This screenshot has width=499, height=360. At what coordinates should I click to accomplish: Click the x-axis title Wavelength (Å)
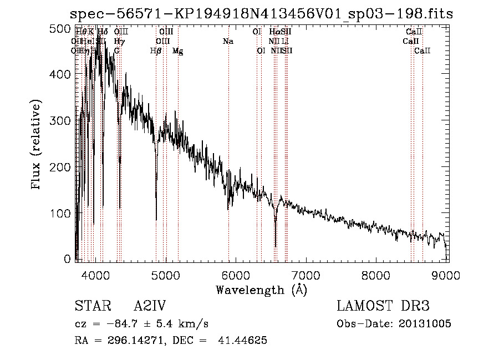261,290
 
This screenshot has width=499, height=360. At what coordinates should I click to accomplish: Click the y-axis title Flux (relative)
37,145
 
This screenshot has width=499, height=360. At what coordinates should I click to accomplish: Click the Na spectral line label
228,42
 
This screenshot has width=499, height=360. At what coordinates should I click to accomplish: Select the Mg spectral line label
177,51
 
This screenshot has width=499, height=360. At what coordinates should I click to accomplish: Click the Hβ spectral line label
156,51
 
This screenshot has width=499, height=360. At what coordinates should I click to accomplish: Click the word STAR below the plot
90,307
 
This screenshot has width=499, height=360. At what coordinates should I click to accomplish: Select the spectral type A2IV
150,307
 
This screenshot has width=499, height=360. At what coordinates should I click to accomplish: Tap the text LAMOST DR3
383,307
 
